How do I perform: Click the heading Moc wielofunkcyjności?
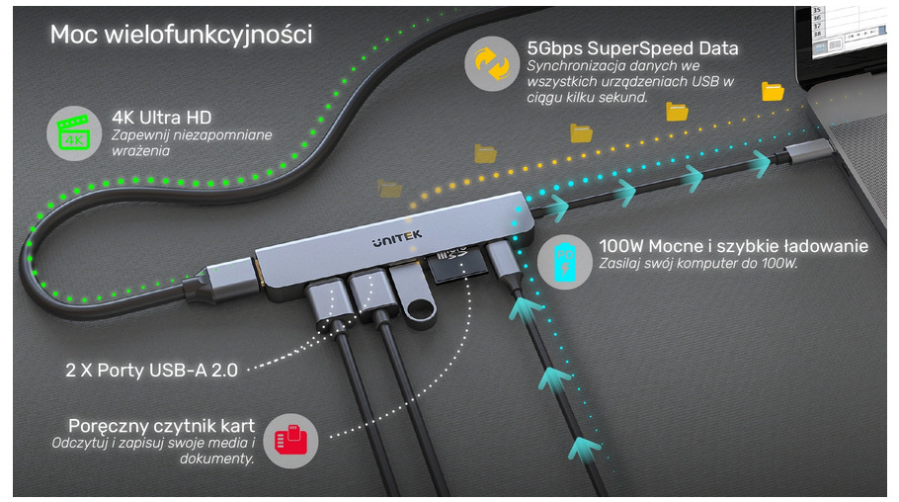(182, 36)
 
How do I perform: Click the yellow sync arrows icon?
(491, 63)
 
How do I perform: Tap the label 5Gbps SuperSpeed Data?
(632, 47)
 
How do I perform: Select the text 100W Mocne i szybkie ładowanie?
(733, 246)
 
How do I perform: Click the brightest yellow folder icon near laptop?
(773, 91)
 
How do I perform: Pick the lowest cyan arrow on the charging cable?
(587, 449)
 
